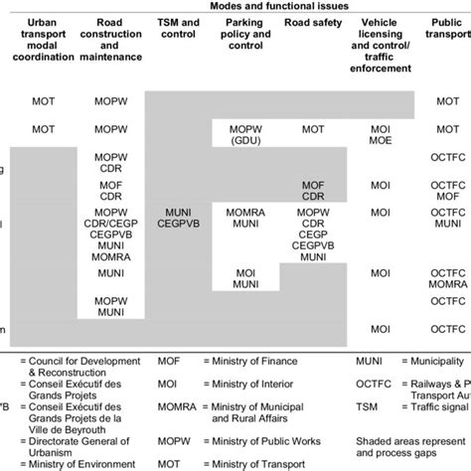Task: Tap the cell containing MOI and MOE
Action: (380, 136)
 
